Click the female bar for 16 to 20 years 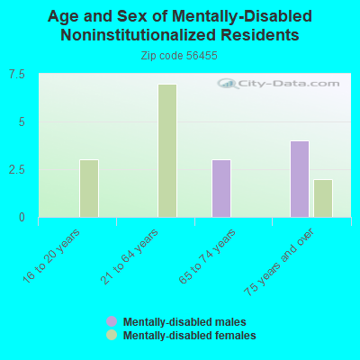89,188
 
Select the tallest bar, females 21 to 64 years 167,150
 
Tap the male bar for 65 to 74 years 221,188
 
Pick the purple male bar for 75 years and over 300,179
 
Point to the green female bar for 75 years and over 323,198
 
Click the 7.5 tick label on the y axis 17,75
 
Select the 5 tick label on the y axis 22,122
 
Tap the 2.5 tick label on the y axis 17,170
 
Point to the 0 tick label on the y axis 22,217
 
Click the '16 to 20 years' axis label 51,256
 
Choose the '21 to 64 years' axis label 130,256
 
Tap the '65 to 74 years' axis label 207,256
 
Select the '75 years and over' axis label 279,262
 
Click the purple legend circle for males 112,321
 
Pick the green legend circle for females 112,335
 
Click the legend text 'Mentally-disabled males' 184,322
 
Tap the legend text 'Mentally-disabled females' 190,335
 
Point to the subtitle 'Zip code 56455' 179,56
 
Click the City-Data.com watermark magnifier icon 228,84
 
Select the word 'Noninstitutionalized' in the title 139,35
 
